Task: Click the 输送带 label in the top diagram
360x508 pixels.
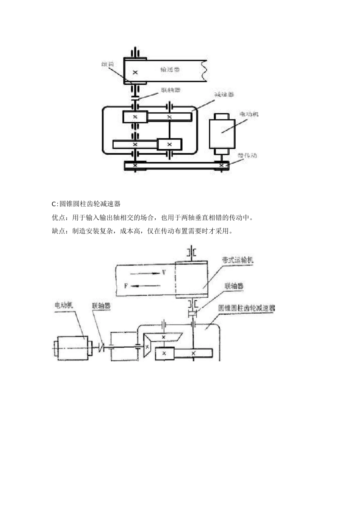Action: click(170, 70)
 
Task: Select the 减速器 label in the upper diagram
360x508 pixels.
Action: click(224, 94)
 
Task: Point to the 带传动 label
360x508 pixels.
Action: click(247, 155)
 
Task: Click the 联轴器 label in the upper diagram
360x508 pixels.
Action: click(171, 90)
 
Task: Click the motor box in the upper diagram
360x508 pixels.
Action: click(222, 133)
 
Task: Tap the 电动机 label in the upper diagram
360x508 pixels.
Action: click(249, 114)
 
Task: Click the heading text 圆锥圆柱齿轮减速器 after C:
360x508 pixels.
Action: click(90, 204)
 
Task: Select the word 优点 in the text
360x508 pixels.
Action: click(58, 218)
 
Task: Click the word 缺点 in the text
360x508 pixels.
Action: click(58, 231)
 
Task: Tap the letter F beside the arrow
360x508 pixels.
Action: click(126, 285)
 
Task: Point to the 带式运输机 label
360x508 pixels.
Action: click(238, 260)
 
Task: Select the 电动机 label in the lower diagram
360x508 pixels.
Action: click(64, 305)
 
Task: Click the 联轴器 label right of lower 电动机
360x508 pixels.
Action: click(101, 305)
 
